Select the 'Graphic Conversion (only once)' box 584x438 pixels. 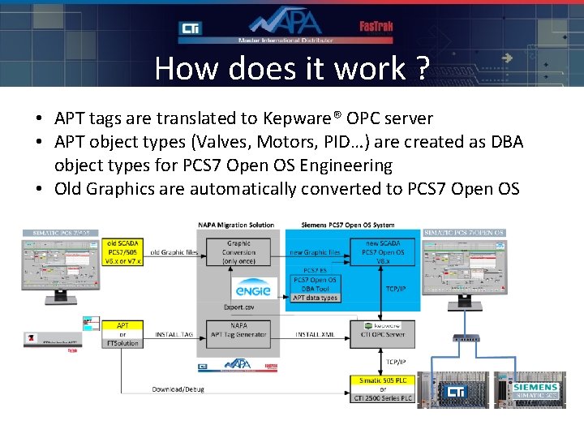click(x=238, y=252)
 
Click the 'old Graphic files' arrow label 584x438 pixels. click(x=173, y=253)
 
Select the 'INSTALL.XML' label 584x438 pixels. click(x=314, y=333)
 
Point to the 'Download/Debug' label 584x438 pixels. click(x=178, y=389)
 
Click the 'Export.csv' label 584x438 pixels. click(x=238, y=307)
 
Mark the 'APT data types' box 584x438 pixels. click(x=315, y=298)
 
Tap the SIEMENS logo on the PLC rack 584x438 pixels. click(x=535, y=387)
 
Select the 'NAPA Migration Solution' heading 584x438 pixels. click(x=235, y=225)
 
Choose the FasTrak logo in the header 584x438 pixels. click(x=376, y=26)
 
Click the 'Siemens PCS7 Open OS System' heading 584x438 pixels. click(x=348, y=225)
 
